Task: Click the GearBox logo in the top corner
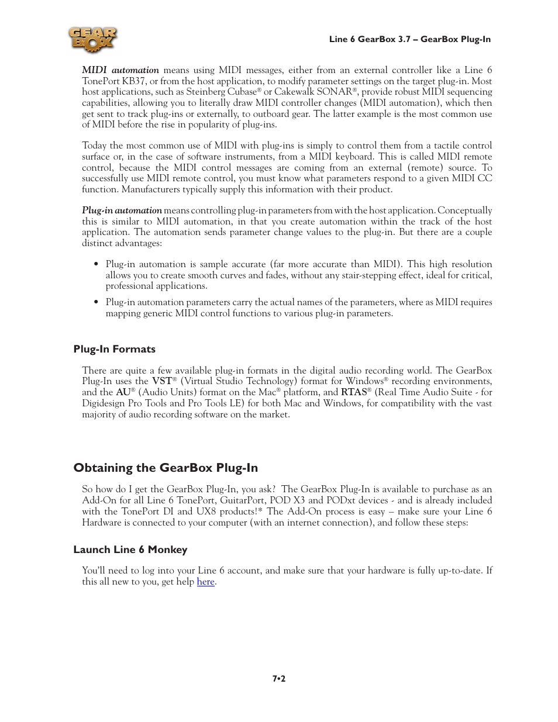(x=92, y=40)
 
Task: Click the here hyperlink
(x=205, y=582)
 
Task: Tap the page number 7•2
(x=279, y=679)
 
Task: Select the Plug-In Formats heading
(x=115, y=349)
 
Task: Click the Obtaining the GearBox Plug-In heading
(x=166, y=468)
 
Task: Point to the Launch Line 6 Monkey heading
(x=130, y=550)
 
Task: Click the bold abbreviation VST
(x=162, y=381)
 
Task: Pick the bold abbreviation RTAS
(x=354, y=392)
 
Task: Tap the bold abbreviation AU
(x=123, y=392)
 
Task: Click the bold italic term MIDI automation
(x=120, y=70)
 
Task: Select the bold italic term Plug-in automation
(x=122, y=210)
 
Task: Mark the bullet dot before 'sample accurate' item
(x=96, y=264)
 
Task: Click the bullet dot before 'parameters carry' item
(x=96, y=302)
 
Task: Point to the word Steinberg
(x=207, y=92)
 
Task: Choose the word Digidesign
(x=104, y=403)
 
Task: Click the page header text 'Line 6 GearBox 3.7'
(x=370, y=39)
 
